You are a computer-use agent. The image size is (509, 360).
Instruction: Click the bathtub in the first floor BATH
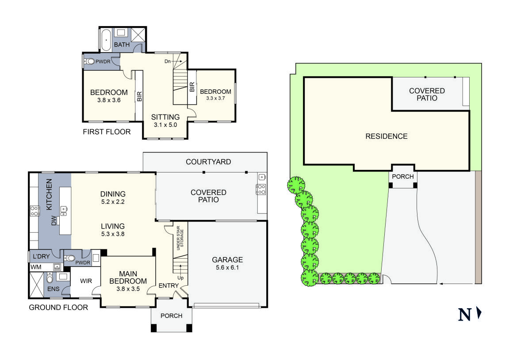(106, 40)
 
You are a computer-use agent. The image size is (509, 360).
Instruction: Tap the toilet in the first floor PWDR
(91, 62)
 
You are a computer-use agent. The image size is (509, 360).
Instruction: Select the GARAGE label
(227, 260)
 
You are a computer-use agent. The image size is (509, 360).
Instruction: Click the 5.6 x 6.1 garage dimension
(227, 268)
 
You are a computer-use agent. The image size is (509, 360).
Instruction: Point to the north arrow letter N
(464, 314)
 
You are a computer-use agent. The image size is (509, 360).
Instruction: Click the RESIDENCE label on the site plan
(386, 136)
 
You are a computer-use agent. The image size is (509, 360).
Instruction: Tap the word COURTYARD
(208, 162)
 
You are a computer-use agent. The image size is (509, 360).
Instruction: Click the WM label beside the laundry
(35, 267)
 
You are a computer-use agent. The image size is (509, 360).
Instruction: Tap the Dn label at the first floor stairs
(168, 61)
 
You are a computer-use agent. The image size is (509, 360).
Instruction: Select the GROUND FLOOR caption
(58, 307)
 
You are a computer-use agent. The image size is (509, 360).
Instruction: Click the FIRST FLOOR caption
(107, 132)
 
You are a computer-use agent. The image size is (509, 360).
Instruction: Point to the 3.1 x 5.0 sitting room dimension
(165, 125)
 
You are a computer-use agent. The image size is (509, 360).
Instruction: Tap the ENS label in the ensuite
(53, 290)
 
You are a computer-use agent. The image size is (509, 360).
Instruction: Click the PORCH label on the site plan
(403, 176)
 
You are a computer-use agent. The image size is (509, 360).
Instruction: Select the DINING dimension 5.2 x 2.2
(113, 202)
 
